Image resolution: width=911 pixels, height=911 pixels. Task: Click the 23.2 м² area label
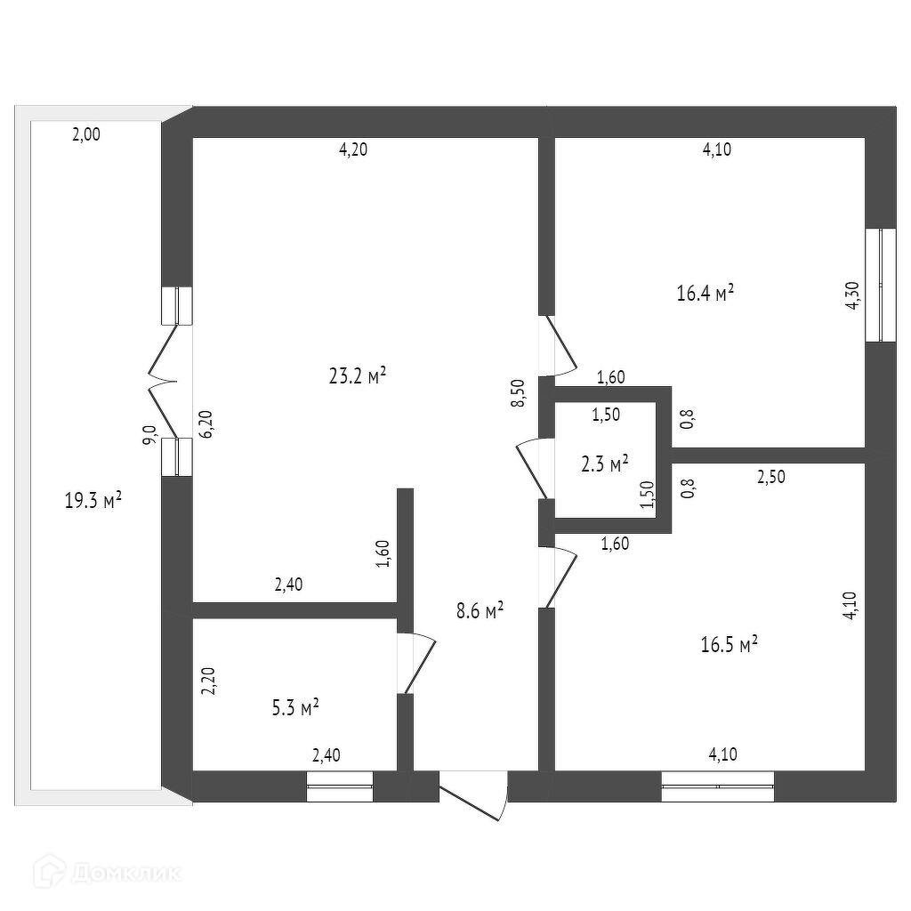click(357, 376)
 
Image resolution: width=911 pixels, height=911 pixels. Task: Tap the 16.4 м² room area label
click(705, 293)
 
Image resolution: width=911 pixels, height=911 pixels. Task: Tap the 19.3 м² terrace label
click(93, 501)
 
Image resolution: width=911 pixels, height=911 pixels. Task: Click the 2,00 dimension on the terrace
click(86, 135)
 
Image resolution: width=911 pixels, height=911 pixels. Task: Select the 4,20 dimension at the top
click(352, 149)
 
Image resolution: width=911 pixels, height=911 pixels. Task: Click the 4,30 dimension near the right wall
click(851, 294)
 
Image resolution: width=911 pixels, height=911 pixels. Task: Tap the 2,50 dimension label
click(771, 478)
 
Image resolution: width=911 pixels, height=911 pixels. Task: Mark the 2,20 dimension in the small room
click(207, 681)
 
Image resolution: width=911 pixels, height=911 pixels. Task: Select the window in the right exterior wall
click(881, 285)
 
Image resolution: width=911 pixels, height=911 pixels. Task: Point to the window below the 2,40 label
click(340, 786)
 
